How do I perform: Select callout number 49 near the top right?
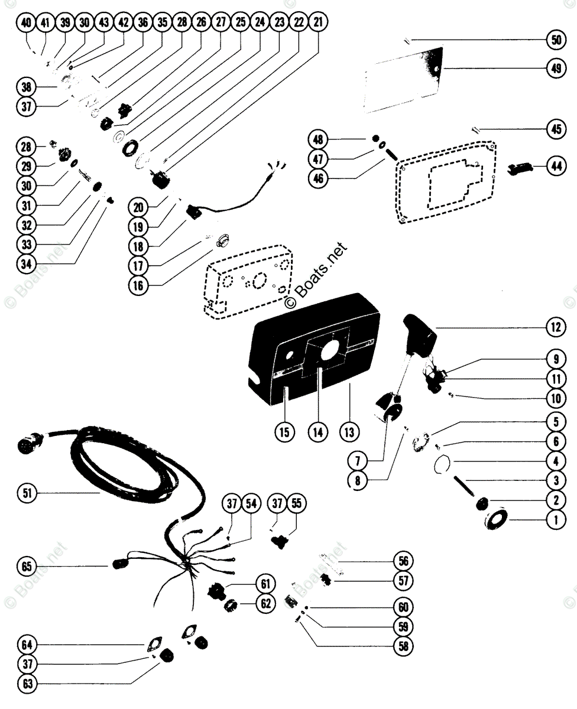(555, 68)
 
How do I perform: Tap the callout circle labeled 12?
(555, 326)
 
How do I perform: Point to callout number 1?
(555, 520)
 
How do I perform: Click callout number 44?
(555, 167)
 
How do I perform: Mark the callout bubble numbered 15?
(284, 432)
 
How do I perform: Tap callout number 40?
(26, 22)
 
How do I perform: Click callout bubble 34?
(27, 264)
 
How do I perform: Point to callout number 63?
(27, 684)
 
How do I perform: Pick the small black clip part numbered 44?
(520, 169)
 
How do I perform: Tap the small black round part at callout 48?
(375, 139)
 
